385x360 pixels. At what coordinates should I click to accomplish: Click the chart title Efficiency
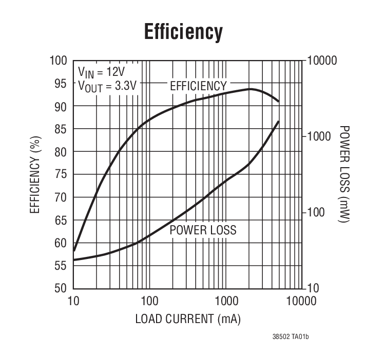click(183, 31)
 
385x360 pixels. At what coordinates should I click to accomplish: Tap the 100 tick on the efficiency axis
click(59, 61)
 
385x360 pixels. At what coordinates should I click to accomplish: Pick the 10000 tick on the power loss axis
click(322, 61)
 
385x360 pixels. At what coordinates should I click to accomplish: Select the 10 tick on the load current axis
click(73, 301)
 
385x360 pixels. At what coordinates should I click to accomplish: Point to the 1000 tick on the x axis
click(225, 301)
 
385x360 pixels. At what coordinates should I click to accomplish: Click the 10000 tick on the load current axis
click(300, 301)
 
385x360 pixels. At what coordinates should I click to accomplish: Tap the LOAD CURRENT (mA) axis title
click(188, 318)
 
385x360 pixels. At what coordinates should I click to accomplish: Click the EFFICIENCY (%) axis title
click(35, 174)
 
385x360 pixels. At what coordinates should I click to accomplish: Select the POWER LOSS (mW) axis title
click(344, 174)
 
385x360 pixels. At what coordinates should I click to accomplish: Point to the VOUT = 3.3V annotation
click(107, 86)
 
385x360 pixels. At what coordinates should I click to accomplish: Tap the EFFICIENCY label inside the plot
click(198, 86)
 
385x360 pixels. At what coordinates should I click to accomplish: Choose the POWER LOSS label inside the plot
click(203, 230)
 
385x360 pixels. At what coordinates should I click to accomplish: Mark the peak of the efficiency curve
click(250, 89)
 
